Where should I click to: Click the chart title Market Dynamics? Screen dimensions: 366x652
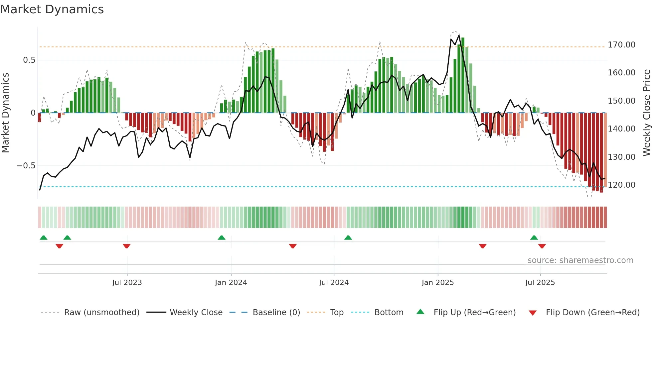click(x=52, y=9)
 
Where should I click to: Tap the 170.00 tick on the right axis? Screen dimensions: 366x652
click(x=621, y=45)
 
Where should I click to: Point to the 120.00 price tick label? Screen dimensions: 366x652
click(x=621, y=185)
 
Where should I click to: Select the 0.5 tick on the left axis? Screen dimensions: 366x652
click(x=29, y=60)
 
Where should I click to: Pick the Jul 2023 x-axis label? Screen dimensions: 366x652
click(x=127, y=283)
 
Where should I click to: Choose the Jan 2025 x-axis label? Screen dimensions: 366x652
click(x=437, y=283)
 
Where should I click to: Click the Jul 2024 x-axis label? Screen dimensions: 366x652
click(x=334, y=283)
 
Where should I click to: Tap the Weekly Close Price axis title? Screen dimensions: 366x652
click(x=646, y=113)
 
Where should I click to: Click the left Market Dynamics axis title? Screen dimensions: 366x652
click(x=5, y=113)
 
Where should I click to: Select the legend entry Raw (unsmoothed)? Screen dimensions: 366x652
click(x=101, y=313)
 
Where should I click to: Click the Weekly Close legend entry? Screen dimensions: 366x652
click(x=196, y=313)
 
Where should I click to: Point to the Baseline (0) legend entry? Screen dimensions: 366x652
click(x=276, y=313)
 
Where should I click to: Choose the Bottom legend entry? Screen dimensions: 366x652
click(x=389, y=313)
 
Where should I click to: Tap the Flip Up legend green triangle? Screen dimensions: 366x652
click(x=420, y=312)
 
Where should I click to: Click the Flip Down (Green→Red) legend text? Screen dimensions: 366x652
click(x=592, y=313)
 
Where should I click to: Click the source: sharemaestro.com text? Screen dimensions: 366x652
click(x=580, y=260)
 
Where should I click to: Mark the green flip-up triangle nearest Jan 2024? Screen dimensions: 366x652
click(x=222, y=237)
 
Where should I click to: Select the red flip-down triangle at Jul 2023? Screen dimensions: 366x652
click(x=126, y=246)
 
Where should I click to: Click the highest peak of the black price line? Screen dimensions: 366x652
click(x=459, y=35)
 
